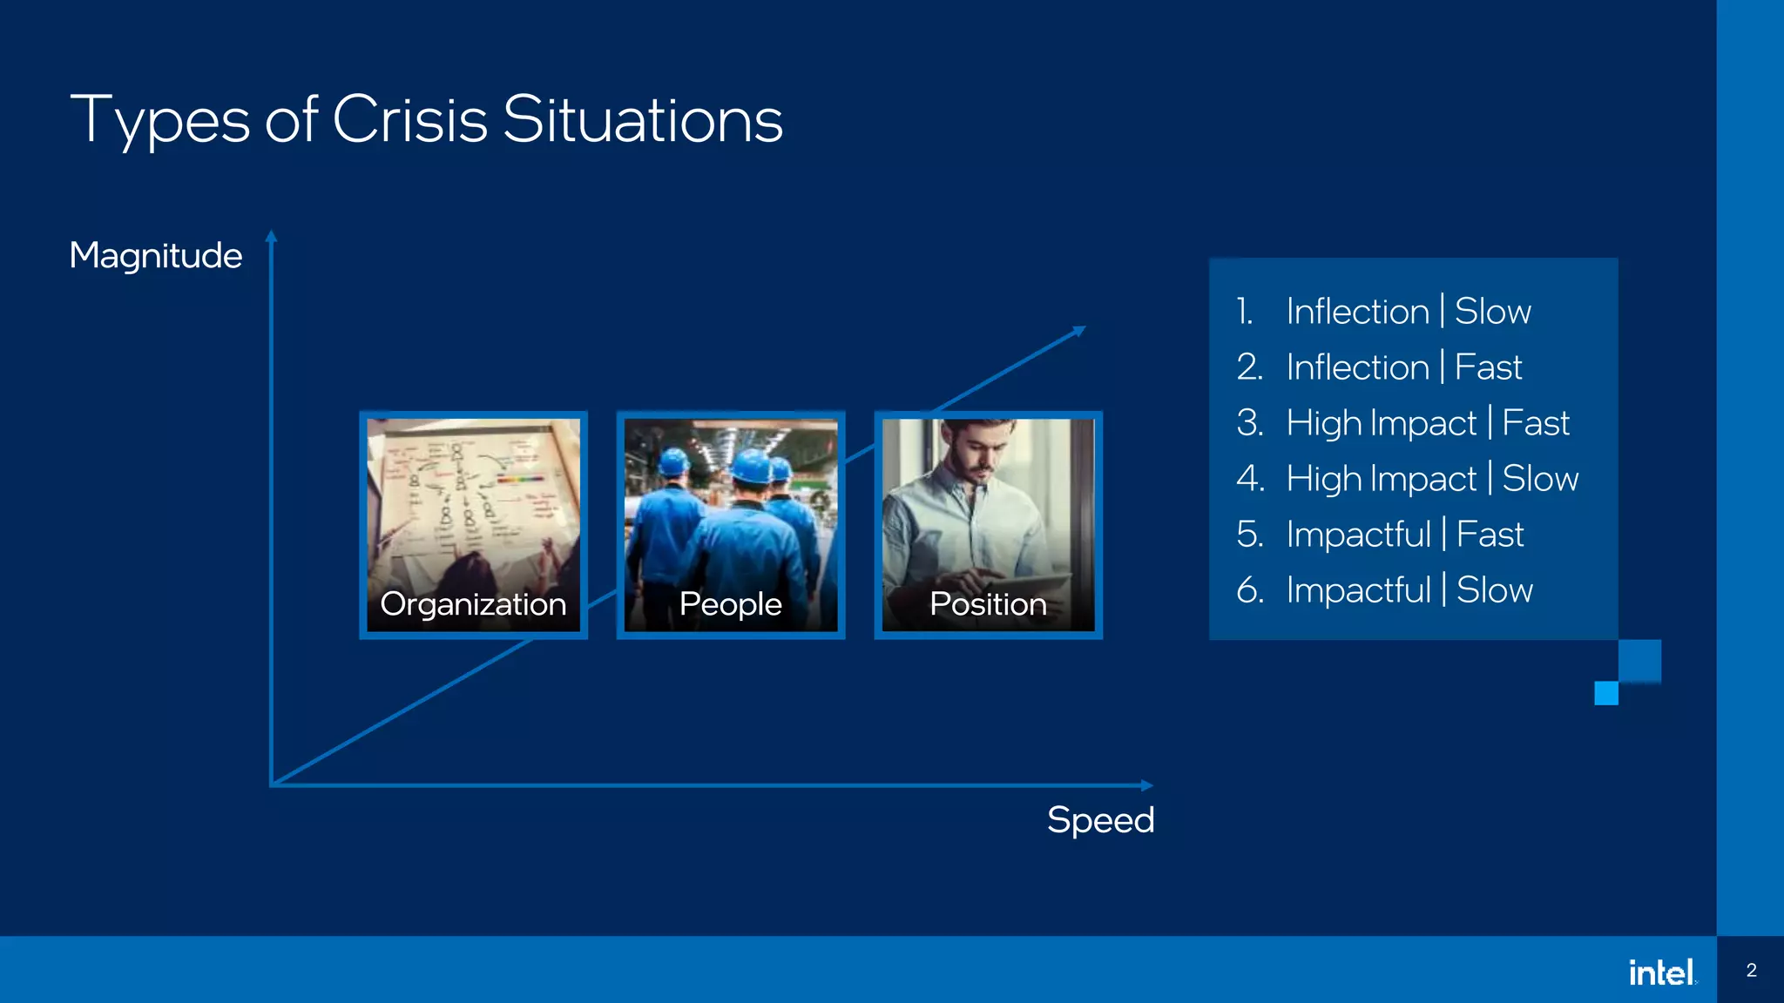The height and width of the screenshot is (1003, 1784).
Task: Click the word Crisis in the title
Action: [409, 119]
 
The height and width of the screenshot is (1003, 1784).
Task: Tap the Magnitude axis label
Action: [155, 255]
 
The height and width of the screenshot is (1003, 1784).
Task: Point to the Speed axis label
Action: [1100, 819]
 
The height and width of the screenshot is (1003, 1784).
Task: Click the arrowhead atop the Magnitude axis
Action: [271, 236]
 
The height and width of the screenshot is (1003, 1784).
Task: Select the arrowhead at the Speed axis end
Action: [1147, 785]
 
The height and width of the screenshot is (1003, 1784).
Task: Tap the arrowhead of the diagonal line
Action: [1079, 331]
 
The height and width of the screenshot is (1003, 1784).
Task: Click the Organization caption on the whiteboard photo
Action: [473, 603]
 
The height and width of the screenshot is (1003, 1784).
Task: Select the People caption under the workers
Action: [730, 603]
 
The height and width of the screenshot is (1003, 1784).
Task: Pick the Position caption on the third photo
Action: [988, 603]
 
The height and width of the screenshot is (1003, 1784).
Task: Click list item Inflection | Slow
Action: [1408, 311]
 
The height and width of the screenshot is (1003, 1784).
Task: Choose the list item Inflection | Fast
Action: [1403, 367]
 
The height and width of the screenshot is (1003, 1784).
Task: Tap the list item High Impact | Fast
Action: [1427, 422]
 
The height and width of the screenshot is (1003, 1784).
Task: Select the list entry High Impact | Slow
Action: [1431, 478]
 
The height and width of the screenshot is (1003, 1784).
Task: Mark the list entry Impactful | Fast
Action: [1404, 534]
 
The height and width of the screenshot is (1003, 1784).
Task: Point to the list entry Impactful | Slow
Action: [1409, 589]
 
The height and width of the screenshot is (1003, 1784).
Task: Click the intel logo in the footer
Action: [1661, 972]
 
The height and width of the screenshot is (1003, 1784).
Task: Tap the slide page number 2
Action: [1751, 970]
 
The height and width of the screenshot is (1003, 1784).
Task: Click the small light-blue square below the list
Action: [1605, 693]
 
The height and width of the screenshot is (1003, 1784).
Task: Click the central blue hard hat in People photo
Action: [750, 467]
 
